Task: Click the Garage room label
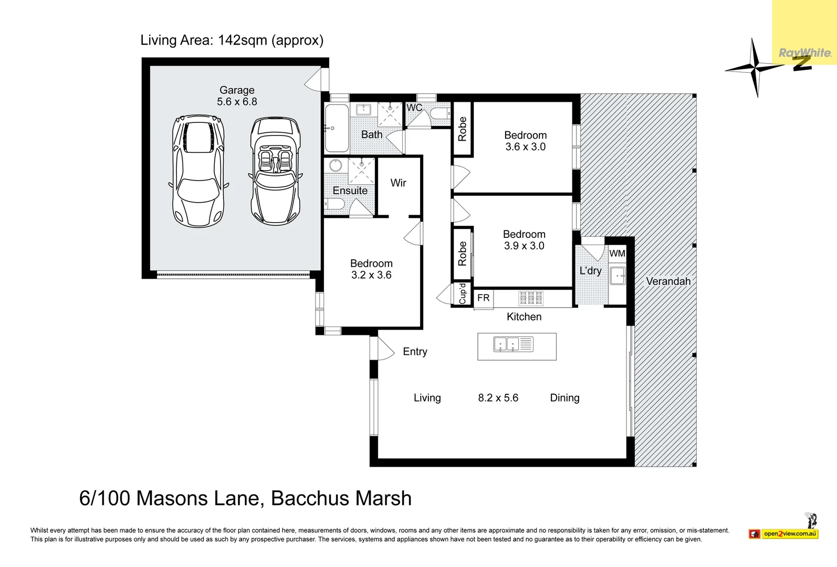[237, 90]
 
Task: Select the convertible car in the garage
[275, 171]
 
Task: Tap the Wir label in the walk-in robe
[399, 183]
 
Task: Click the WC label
[414, 108]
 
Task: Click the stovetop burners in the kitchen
[530, 298]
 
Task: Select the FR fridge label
[483, 298]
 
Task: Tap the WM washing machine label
[617, 253]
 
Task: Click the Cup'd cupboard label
[462, 293]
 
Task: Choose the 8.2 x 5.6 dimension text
[498, 398]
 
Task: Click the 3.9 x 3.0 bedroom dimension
[524, 246]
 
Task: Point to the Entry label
[415, 351]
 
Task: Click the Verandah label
[668, 281]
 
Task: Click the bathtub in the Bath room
[337, 128]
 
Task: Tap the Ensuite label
[350, 191]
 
